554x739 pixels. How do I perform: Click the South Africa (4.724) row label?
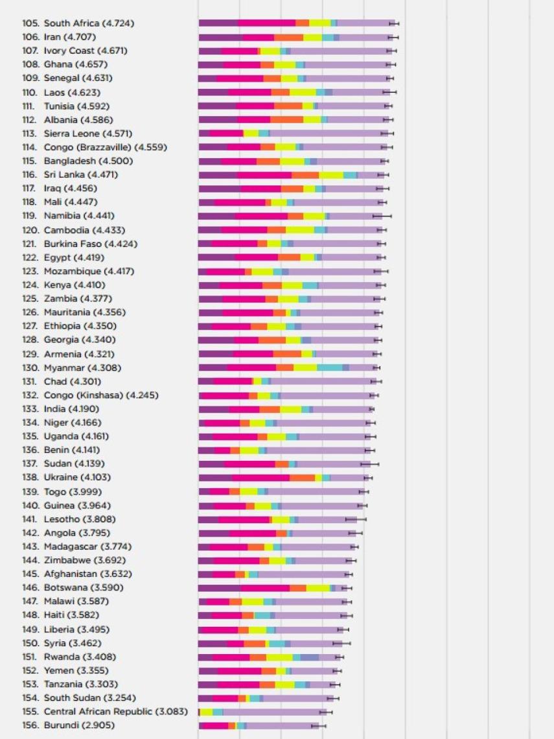click(x=89, y=23)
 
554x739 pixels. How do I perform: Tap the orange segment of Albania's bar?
click(x=286, y=120)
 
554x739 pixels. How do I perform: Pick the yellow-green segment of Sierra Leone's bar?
click(x=251, y=134)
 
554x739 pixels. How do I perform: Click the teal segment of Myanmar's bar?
click(x=330, y=368)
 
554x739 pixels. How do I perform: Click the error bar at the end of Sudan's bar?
click(x=370, y=464)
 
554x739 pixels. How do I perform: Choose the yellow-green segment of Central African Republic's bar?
click(x=206, y=712)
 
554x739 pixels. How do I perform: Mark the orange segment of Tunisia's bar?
click(x=288, y=106)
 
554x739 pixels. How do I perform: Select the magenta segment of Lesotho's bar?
click(x=244, y=519)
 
